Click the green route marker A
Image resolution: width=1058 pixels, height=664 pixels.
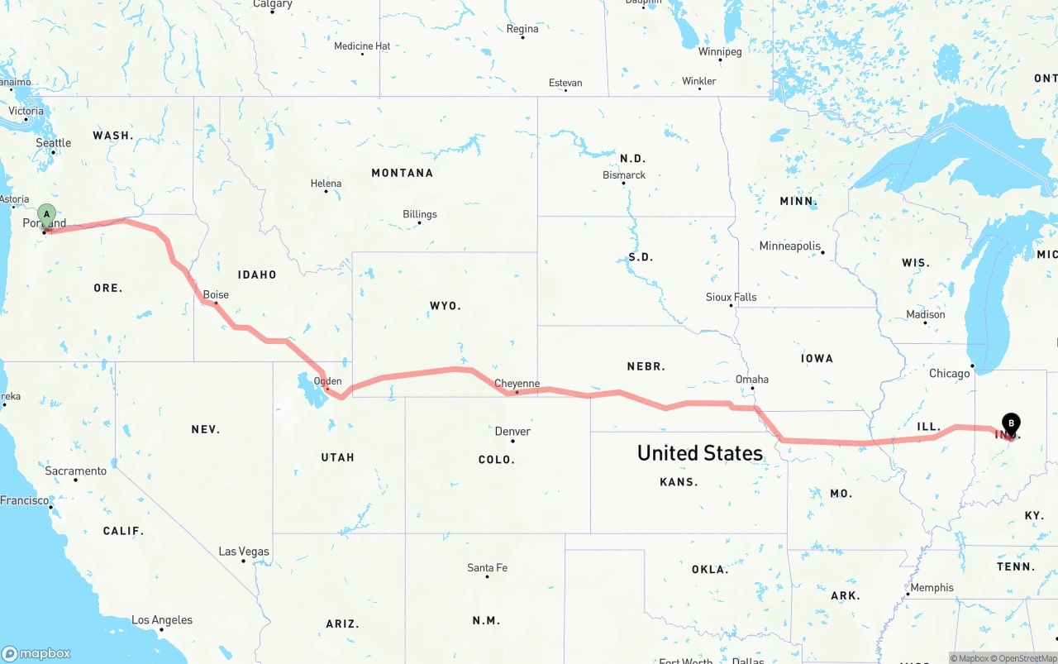[x=47, y=215]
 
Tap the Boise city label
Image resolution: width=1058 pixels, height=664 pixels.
[x=216, y=294]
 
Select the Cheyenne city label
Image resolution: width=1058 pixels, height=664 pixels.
[x=517, y=384]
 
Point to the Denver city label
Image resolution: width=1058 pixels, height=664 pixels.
[x=512, y=432]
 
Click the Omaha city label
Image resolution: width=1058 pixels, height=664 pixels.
[x=752, y=380]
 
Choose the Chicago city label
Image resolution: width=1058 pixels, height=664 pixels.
[x=949, y=374]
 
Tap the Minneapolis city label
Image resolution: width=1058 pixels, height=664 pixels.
[x=790, y=246]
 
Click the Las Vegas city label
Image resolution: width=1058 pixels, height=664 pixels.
[x=244, y=552]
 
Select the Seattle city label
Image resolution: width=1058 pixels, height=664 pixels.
[x=54, y=143]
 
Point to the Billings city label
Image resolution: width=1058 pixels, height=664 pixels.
[x=420, y=214]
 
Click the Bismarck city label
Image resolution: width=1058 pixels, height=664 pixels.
[x=624, y=175]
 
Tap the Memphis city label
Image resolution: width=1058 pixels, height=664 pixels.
[x=932, y=588]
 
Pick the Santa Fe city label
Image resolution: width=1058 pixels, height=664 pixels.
[x=487, y=568]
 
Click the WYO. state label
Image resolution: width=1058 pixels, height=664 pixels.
[x=446, y=306]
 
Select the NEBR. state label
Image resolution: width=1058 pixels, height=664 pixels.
[x=646, y=365]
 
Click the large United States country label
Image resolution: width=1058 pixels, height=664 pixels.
[x=699, y=453]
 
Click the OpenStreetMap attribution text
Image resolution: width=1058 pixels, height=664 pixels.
[x=1029, y=658]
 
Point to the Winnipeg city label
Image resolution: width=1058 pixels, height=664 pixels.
[x=720, y=51]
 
